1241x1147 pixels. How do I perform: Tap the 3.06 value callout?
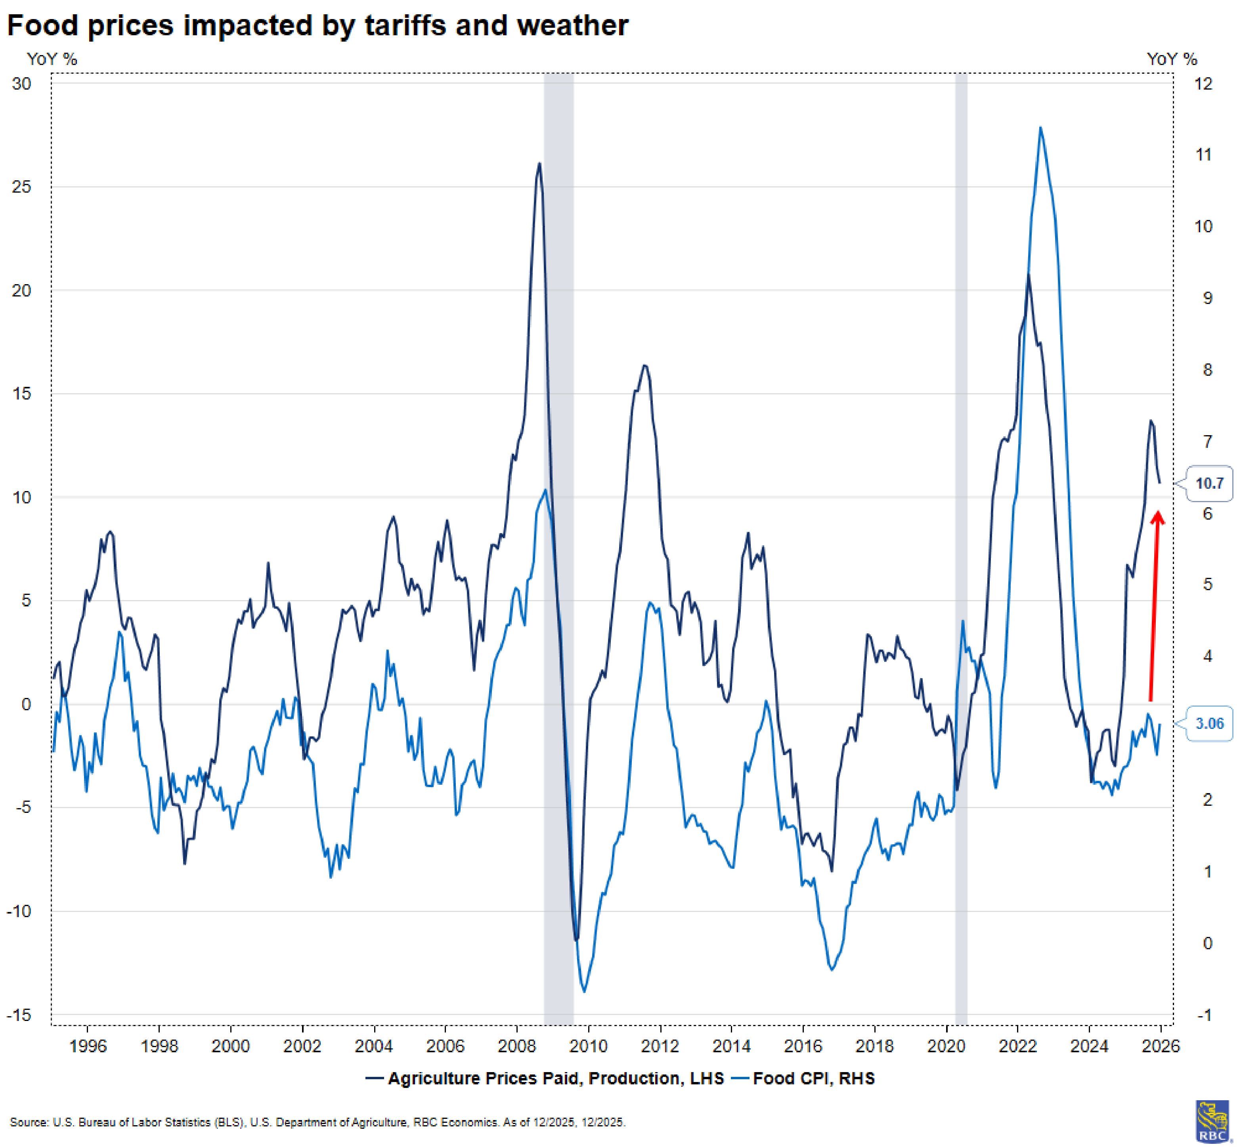tap(1209, 723)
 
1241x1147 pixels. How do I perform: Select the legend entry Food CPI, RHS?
tap(813, 1078)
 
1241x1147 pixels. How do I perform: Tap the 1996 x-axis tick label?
tap(88, 1046)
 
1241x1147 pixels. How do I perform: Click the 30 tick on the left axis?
tap(22, 83)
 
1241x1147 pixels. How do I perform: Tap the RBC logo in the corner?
tap(1212, 1121)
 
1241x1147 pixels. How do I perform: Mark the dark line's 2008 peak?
tap(539, 163)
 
